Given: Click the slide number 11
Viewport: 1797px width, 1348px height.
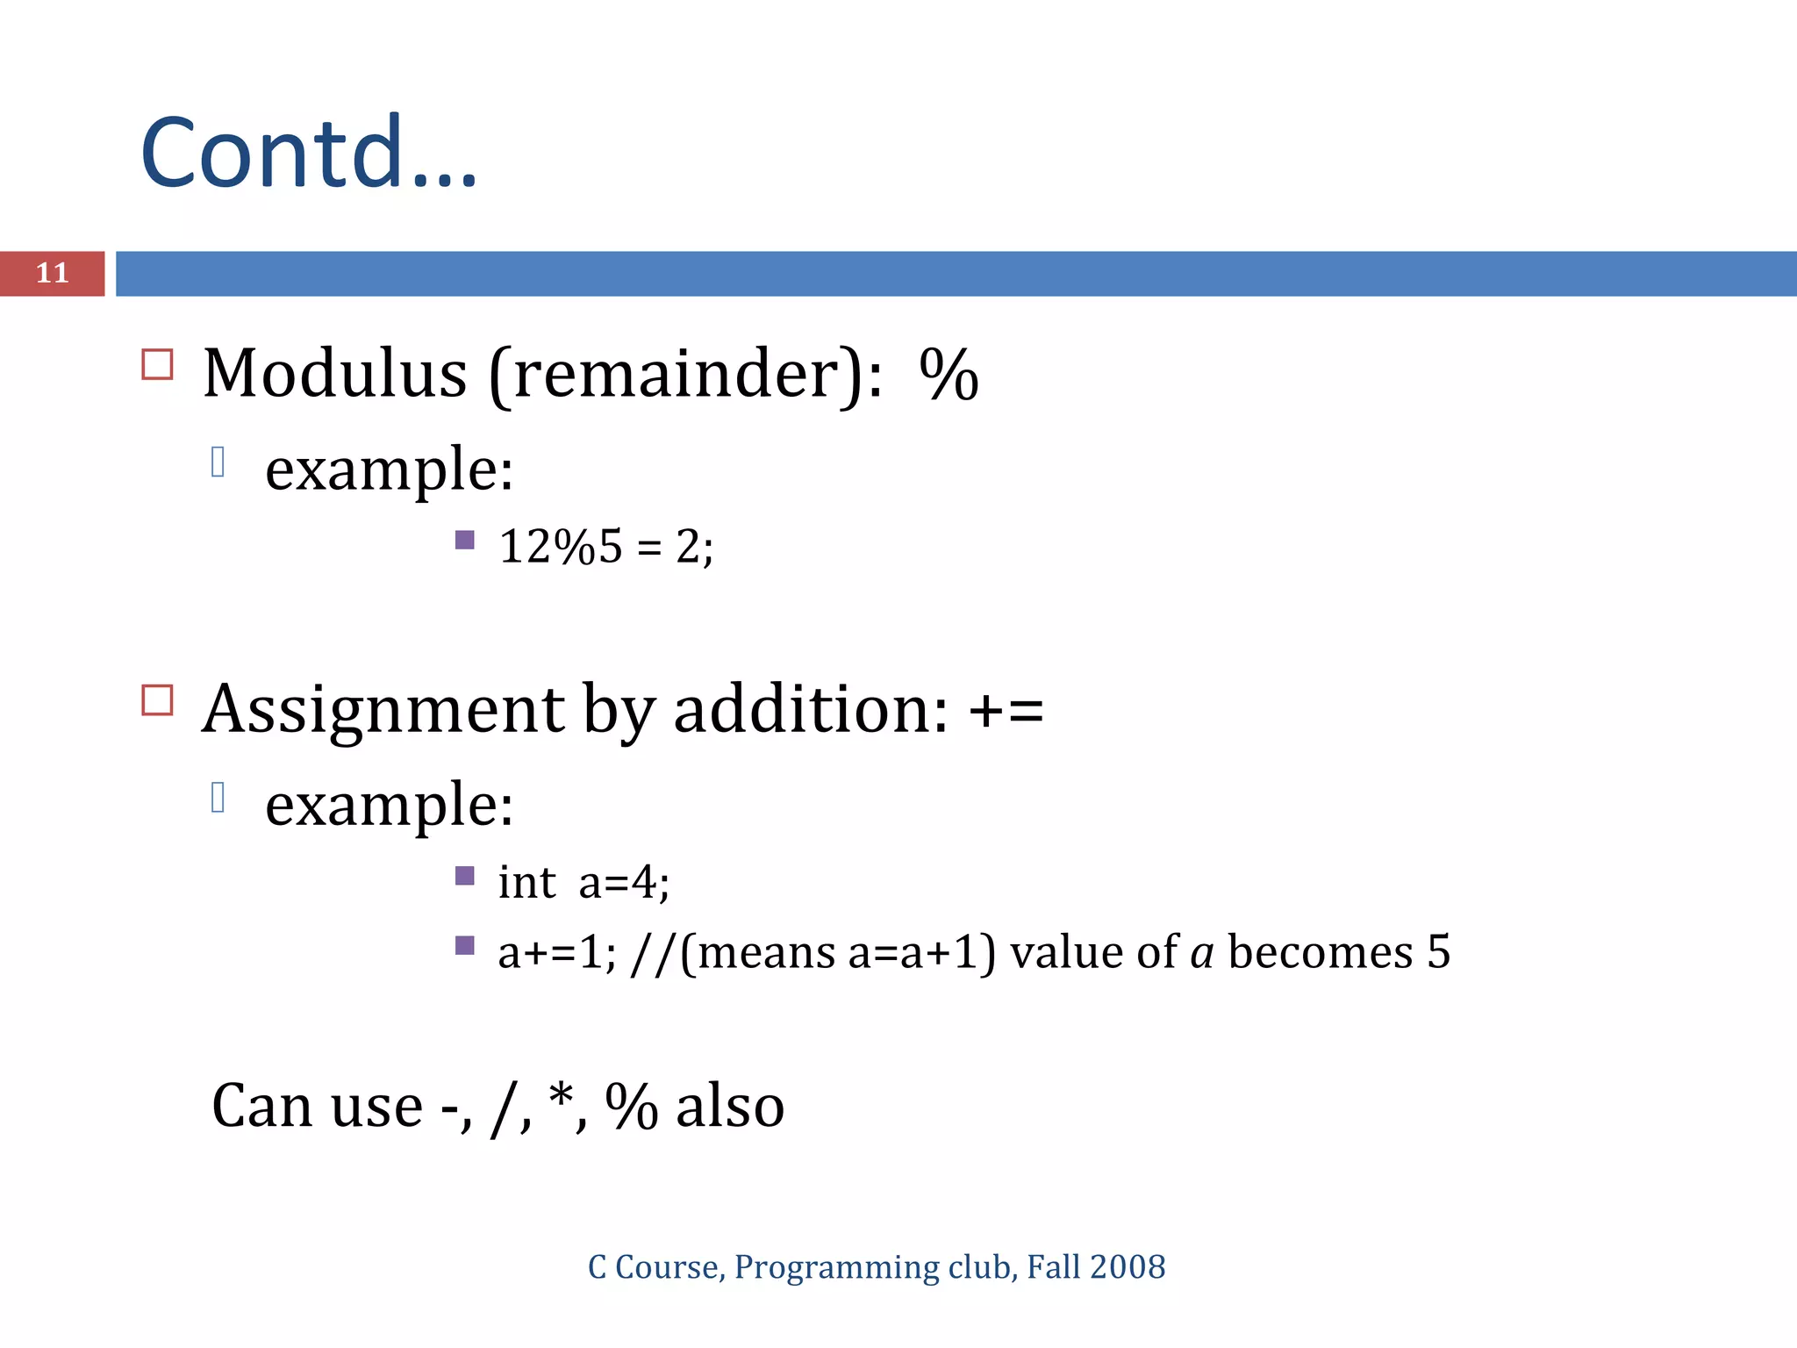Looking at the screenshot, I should (52, 273).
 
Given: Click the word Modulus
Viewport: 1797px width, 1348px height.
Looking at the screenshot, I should (334, 374).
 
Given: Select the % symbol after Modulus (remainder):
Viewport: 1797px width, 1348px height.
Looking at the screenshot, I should (949, 375).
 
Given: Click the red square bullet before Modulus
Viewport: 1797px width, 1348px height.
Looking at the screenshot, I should (157, 364).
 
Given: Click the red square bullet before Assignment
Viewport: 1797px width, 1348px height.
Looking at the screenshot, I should (157, 700).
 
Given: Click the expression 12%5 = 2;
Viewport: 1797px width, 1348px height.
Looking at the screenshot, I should (605, 547).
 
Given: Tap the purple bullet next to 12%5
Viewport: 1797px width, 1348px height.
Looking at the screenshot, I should (465, 540).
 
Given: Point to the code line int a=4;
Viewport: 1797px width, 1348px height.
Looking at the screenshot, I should (583, 882).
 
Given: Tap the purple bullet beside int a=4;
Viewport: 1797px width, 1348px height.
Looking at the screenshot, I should (465, 875).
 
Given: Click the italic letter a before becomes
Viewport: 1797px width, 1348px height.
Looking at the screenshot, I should (1202, 954).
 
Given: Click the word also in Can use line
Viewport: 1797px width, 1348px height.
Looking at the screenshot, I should (730, 1107).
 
